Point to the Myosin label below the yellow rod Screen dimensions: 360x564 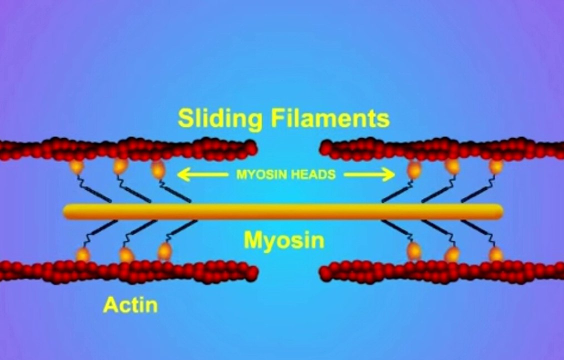283,240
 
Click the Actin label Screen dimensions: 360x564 130,304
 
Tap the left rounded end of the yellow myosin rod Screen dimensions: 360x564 67,211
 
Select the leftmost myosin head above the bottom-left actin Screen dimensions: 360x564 82,254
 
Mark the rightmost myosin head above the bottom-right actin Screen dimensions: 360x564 496,254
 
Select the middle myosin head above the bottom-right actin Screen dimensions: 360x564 452,254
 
